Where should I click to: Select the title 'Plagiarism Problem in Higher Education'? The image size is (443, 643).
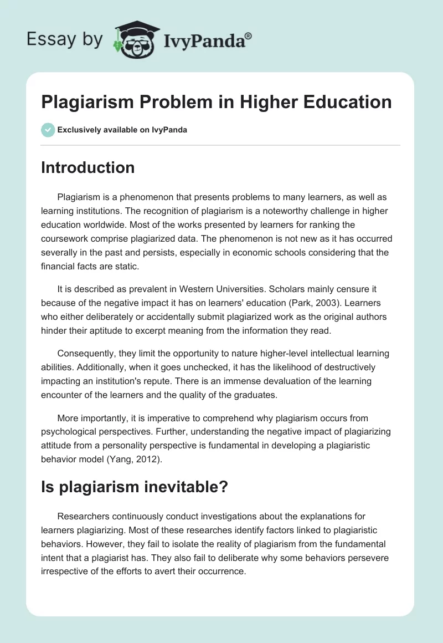[216, 102]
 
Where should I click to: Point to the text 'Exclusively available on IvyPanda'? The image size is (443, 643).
[122, 130]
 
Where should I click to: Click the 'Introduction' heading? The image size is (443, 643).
[87, 167]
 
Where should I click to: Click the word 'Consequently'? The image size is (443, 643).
[85, 354]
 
